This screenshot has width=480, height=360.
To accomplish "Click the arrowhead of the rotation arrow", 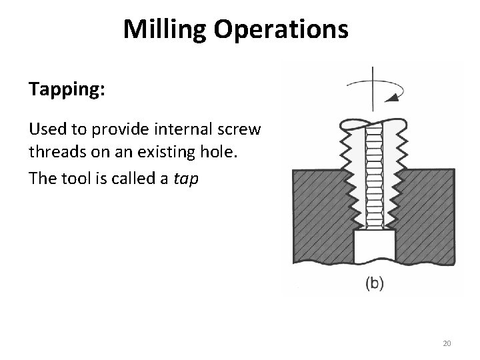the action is [395, 97].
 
